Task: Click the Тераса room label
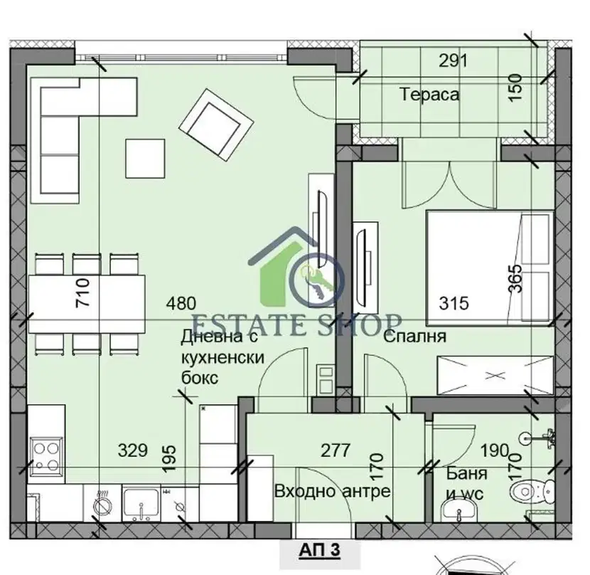429,94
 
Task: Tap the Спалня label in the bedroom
414,337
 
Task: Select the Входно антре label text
332,491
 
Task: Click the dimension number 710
82,292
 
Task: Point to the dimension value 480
181,303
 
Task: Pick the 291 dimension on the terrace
453,60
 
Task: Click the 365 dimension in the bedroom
515,278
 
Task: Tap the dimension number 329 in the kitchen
133,450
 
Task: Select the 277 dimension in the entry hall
336,450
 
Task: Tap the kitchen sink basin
141,503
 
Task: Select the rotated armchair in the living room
216,125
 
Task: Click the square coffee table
145,158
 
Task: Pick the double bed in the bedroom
490,268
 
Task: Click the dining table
87,304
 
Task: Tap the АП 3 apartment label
319,550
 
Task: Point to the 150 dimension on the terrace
515,88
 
